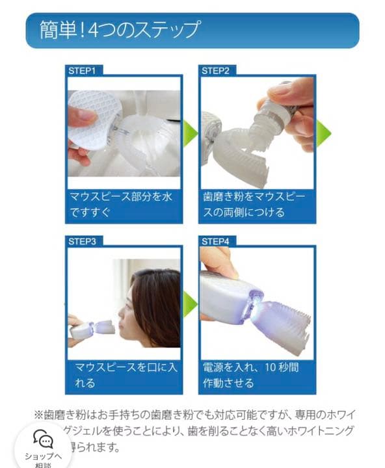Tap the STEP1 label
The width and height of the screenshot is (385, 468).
pos(82,70)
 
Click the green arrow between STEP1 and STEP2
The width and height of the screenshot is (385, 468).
pos(189,133)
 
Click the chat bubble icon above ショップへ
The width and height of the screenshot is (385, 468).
pos(44,440)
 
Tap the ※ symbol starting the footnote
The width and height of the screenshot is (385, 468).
pos(38,414)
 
